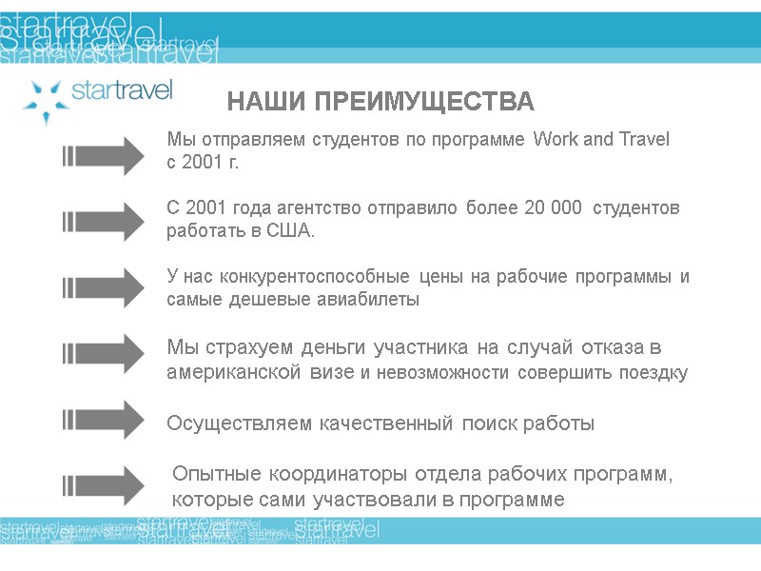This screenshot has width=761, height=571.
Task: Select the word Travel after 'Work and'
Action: pyautogui.click(x=645, y=140)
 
